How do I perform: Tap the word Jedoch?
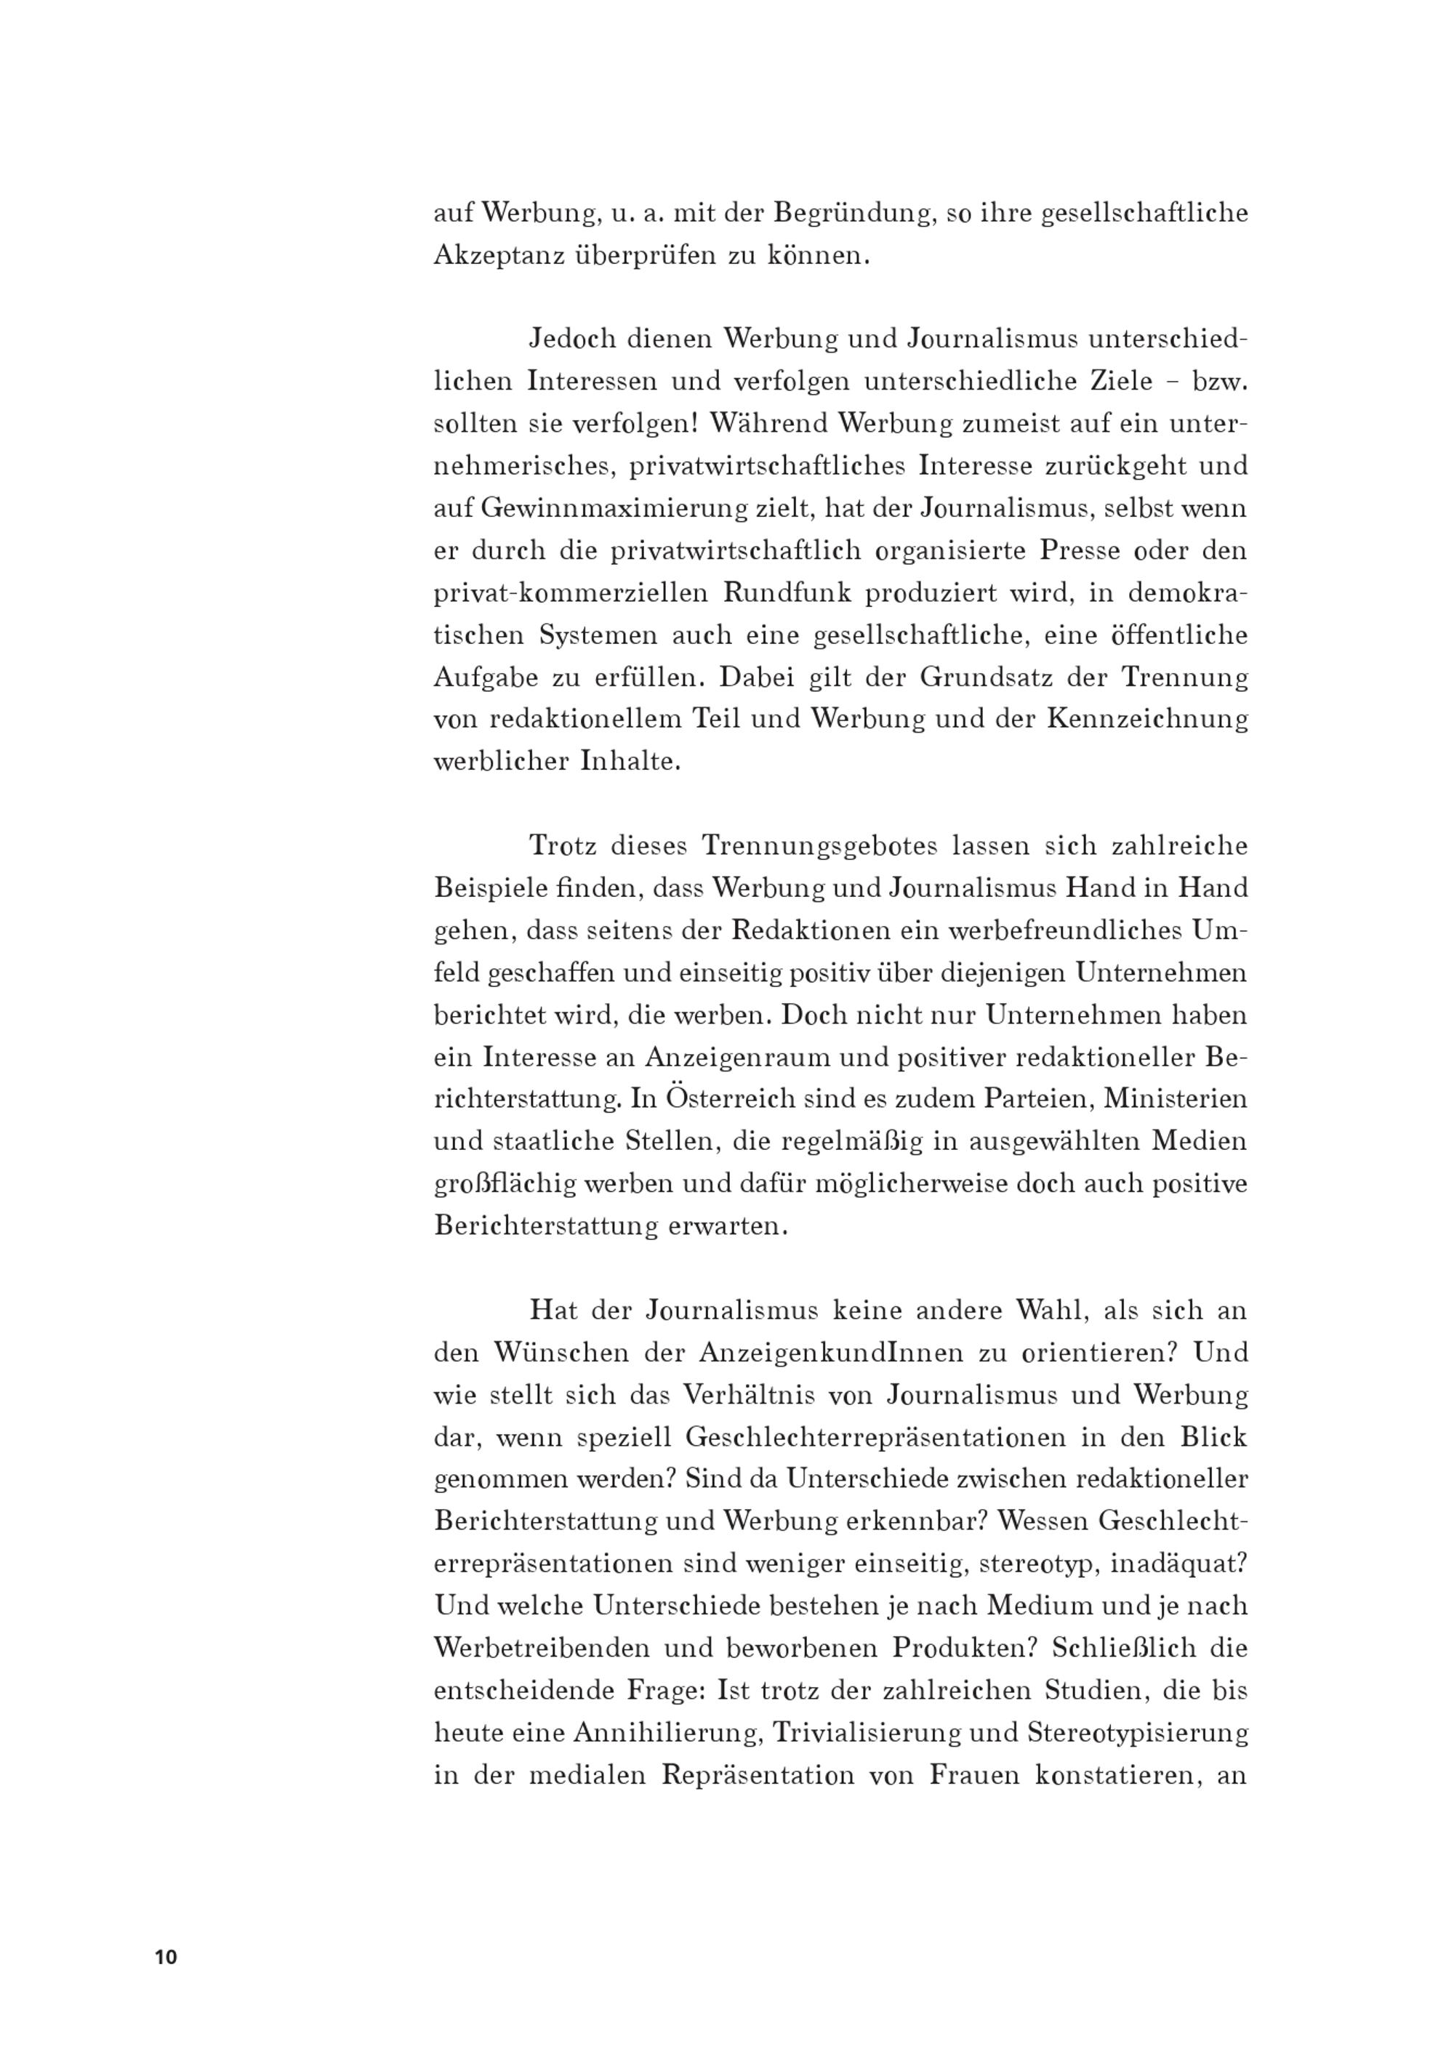[573, 340]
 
